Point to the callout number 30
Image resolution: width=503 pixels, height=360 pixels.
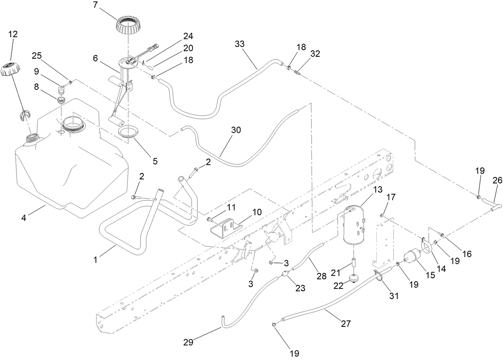tap(236, 130)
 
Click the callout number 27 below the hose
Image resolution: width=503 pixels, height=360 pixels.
tap(346, 323)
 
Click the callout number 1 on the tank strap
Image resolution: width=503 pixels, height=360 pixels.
tap(96, 260)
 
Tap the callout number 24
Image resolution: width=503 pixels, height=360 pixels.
tap(188, 36)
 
